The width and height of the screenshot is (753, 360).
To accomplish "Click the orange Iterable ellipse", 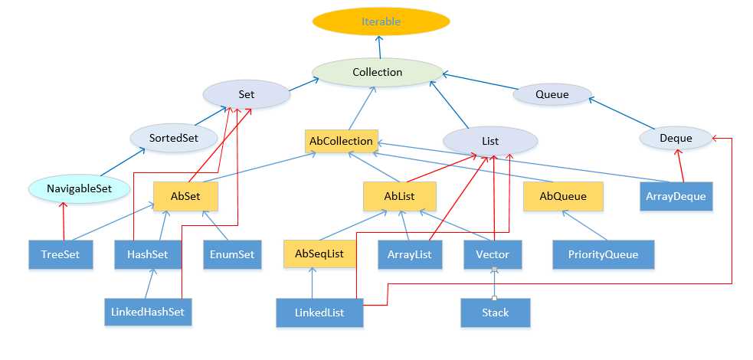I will (380, 21).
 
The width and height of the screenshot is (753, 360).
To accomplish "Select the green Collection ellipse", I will (378, 72).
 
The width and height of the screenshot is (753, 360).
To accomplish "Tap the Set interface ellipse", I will (247, 95).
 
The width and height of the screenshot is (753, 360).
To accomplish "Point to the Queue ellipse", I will (552, 95).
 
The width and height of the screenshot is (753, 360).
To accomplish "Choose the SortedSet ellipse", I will (175, 138).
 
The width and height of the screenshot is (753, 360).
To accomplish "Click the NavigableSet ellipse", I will (79, 187).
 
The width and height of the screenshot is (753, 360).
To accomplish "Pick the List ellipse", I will (490, 142).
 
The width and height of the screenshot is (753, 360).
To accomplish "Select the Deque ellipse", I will (676, 139).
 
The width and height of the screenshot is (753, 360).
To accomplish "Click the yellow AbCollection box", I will (341, 141).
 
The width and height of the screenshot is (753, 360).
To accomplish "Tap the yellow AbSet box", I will (186, 196).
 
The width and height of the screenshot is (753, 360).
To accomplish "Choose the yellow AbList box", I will (399, 196).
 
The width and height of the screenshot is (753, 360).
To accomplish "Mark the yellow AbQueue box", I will (563, 196).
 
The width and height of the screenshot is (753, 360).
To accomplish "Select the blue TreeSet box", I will (61, 254).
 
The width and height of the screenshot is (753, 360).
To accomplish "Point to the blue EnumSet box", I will (232, 254).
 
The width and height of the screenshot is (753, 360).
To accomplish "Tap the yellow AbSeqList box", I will (319, 254).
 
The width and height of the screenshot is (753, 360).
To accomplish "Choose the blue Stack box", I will (495, 313).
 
